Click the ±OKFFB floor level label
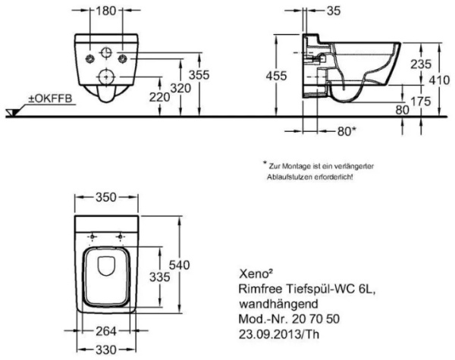41,98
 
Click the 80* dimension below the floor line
346,131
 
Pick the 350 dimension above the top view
105,197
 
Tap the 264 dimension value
106,330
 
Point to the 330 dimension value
106,349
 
